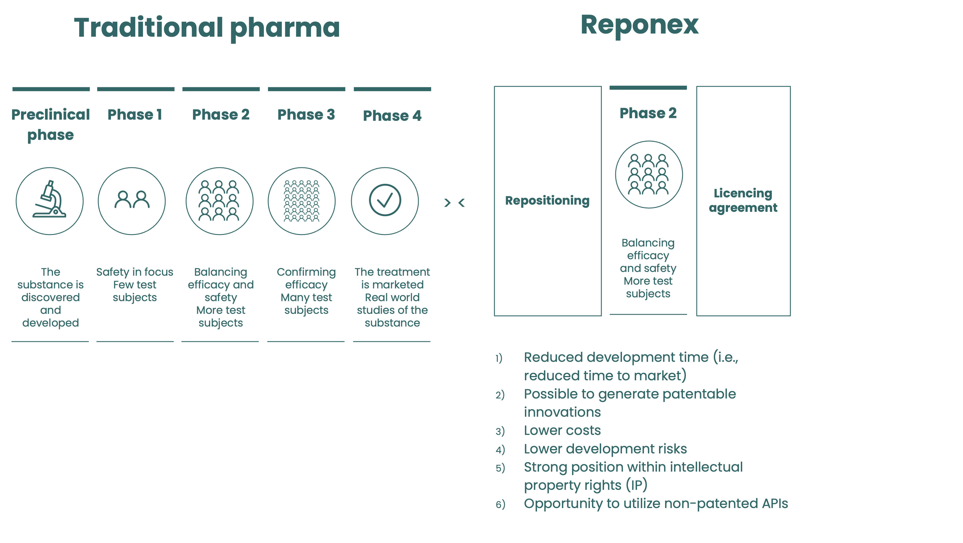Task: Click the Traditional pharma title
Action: (x=207, y=28)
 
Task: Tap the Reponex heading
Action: (x=639, y=25)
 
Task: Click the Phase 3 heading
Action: (x=306, y=115)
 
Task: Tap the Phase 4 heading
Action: (x=392, y=116)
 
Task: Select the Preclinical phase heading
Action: (x=51, y=125)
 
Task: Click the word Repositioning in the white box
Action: (x=547, y=201)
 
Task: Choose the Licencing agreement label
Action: (x=743, y=200)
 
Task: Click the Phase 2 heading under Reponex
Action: (x=648, y=113)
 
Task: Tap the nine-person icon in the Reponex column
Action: (x=649, y=174)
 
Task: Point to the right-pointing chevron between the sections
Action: (x=447, y=203)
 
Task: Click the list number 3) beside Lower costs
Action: (x=500, y=431)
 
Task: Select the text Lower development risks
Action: (x=605, y=449)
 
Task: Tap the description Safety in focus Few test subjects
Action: (x=135, y=284)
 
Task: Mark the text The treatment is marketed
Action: (x=392, y=278)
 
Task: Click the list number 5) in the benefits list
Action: (x=500, y=468)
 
